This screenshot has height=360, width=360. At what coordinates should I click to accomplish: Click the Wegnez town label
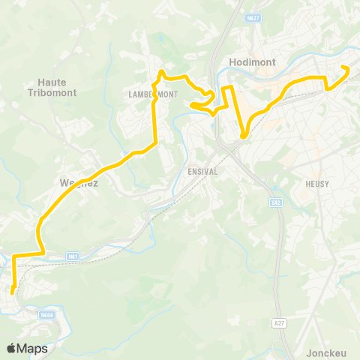click(x=78, y=182)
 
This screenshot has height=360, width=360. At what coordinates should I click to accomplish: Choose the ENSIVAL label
click(x=202, y=171)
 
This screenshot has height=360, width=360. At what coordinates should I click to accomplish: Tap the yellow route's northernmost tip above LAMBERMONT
click(x=161, y=72)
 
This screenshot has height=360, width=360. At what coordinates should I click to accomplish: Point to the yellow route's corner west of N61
click(x=14, y=256)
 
